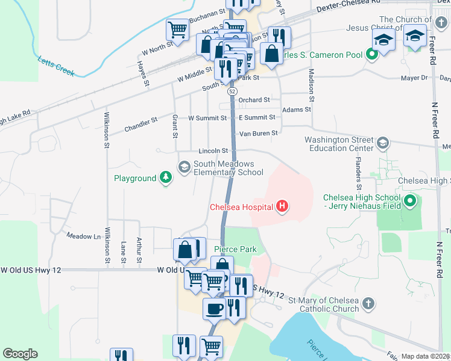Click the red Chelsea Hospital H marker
[282, 208]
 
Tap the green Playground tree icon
[166, 178]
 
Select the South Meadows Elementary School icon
[184, 165]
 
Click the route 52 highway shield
[232, 92]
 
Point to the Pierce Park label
[235, 249]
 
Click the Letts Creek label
[56, 66]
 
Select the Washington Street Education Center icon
[382, 143]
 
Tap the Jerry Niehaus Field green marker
[410, 200]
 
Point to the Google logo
[20, 354]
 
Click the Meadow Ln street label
[83, 236]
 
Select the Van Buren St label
[259, 133]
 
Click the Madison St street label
[312, 84]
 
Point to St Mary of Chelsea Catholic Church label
[323, 304]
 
